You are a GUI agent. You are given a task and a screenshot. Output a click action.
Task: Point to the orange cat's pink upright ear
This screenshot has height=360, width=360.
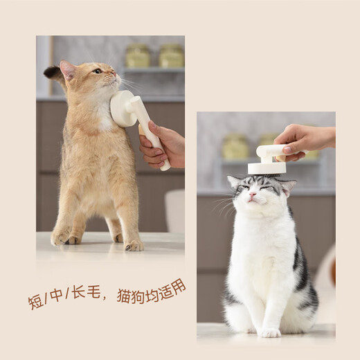point(68,69)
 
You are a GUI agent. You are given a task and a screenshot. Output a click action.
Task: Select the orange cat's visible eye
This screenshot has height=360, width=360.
point(98,71)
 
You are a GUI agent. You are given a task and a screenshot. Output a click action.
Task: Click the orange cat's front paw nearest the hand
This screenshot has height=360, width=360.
point(133,244)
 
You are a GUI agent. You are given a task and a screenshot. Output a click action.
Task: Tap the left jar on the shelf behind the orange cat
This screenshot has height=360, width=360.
point(138,56)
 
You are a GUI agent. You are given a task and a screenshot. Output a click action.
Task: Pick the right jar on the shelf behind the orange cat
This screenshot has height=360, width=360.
point(171,55)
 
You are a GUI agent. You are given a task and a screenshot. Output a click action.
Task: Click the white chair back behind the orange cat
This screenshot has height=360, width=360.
point(174,210)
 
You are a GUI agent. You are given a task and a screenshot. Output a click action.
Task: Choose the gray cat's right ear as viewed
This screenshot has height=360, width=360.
point(289,186)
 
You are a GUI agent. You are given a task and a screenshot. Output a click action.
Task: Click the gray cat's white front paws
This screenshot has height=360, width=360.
point(271,331)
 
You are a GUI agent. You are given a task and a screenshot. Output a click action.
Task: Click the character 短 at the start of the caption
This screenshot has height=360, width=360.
point(36,302)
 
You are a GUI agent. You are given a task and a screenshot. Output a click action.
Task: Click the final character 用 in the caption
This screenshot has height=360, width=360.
point(178,285)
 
